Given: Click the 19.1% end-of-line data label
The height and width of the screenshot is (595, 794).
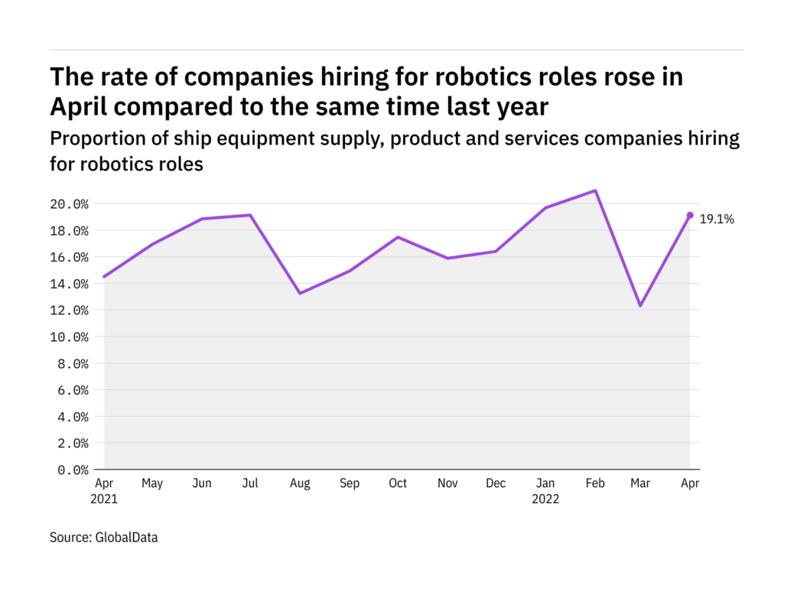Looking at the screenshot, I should coord(717,219).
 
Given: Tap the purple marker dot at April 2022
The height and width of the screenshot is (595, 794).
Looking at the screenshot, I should coord(690,216).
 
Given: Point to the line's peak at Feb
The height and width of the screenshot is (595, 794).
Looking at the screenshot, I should coord(595,190).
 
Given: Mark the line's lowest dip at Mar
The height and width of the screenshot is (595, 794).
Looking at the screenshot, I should coord(640,306).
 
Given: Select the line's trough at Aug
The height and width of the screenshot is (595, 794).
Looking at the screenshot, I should coord(300,293).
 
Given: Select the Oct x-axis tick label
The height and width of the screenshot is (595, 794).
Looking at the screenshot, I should coord(397,483).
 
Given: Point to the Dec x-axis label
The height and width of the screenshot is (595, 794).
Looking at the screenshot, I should coord(496,483).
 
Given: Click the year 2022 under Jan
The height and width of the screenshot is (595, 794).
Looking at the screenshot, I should coord(545,499).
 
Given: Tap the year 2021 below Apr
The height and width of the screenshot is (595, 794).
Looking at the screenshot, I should coord(104,499).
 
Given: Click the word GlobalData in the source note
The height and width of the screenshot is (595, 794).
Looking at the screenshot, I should coord(127,538).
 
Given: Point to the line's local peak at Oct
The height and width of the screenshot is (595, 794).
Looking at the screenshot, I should coord(397,237).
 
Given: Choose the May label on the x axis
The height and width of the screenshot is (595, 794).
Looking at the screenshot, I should coord(153,483).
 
